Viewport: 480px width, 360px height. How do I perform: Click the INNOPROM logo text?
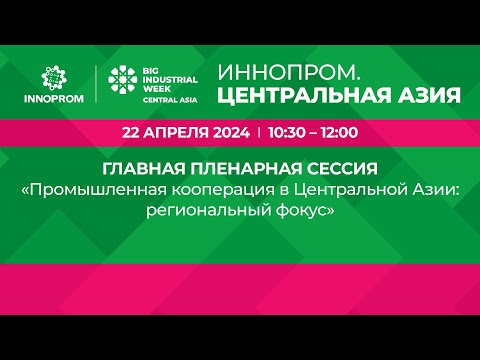(x=54, y=99)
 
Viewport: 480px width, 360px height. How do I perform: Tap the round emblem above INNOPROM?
(x=54, y=78)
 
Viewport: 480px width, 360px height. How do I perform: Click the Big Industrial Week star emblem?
(x=122, y=79)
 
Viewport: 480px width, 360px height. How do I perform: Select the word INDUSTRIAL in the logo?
(x=170, y=80)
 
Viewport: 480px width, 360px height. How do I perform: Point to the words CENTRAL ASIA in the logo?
(x=170, y=100)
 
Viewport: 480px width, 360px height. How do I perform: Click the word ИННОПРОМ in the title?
(x=289, y=73)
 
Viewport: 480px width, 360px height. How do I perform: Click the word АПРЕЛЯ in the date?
(x=177, y=133)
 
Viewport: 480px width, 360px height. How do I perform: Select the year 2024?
(x=231, y=133)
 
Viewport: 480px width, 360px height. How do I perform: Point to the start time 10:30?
(x=287, y=133)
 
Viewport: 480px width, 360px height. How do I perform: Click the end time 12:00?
(x=339, y=133)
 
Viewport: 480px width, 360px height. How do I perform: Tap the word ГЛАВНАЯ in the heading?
(x=144, y=169)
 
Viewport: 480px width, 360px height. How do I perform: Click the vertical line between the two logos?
(x=96, y=84)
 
